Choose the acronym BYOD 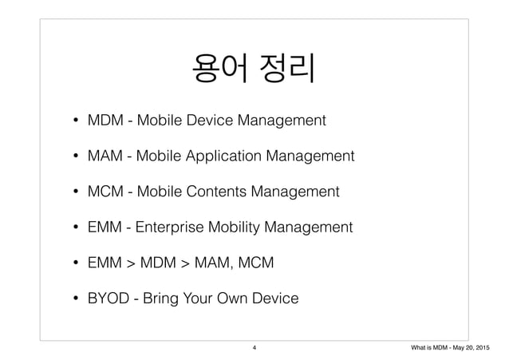(x=111, y=299)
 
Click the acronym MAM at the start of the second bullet (x=110, y=156)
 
